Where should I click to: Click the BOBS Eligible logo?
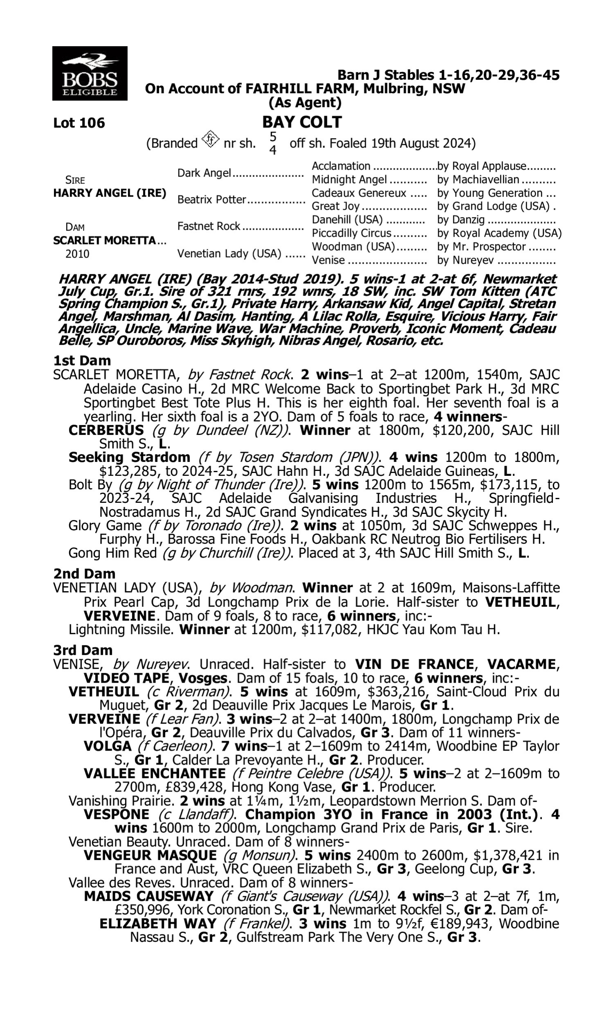point(89,73)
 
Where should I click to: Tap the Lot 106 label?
point(79,123)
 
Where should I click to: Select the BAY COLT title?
point(302,122)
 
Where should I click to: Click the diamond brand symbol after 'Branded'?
point(210,140)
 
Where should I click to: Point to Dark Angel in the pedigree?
point(204,173)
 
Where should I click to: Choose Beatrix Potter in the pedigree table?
point(212,199)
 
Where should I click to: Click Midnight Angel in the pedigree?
point(349,180)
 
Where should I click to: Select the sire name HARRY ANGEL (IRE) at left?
point(110,193)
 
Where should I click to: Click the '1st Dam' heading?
point(82,361)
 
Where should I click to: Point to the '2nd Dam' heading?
point(84,574)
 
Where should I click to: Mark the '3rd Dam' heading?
point(83,650)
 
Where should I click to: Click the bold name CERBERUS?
point(106,430)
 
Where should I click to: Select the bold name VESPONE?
point(116,815)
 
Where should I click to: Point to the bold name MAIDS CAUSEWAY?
point(149,896)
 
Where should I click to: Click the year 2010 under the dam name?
point(77,253)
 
